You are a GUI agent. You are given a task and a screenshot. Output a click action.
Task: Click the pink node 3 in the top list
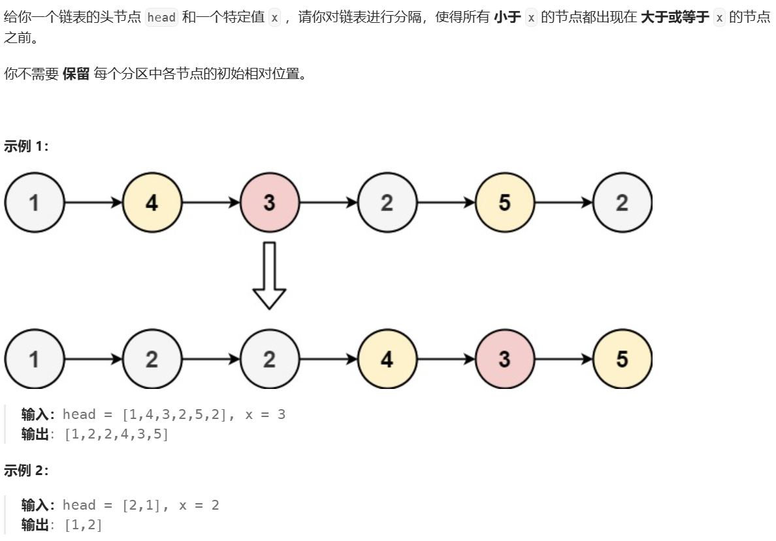tap(269, 202)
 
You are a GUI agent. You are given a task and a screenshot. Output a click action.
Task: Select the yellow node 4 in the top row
tap(152, 202)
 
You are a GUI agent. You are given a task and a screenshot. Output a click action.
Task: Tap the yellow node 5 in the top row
tap(504, 202)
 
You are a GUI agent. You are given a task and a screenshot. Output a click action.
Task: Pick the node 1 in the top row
tap(34, 202)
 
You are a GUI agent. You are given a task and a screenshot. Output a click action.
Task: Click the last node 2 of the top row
tap(622, 202)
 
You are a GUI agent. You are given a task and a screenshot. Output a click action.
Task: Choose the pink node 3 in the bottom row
tap(504, 359)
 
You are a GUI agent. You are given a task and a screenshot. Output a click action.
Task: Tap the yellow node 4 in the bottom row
tap(387, 359)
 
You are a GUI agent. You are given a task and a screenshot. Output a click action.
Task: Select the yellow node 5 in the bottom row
tap(622, 359)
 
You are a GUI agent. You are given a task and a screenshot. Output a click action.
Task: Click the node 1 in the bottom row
tap(34, 359)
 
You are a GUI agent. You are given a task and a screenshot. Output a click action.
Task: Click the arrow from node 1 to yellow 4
tap(93, 202)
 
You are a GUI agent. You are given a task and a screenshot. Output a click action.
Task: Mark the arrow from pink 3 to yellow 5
tap(563, 359)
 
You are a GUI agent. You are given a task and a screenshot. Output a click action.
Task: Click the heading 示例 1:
tap(26, 146)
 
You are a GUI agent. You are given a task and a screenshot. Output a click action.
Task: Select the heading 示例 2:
tap(26, 470)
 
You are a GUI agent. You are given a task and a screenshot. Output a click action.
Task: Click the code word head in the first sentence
tap(161, 18)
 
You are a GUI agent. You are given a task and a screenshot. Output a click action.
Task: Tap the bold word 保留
tap(76, 74)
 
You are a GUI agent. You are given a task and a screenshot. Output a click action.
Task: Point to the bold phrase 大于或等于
tap(675, 18)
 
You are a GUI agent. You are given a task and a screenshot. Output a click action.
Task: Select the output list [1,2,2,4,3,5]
tap(116, 434)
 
